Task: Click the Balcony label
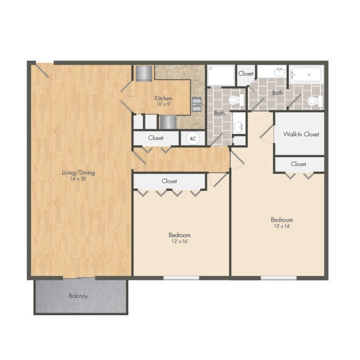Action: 78,296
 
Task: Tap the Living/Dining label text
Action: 78,172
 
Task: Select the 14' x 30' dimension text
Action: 78,179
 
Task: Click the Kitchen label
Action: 162,98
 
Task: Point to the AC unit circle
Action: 193,139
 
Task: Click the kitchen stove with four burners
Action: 168,121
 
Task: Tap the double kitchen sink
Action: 197,104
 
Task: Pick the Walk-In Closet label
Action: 301,134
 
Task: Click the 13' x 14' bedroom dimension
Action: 282,226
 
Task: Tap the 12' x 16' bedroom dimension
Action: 179,242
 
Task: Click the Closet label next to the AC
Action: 156,137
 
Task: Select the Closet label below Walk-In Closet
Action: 299,164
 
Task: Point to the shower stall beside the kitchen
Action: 221,75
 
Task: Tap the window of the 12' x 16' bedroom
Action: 181,277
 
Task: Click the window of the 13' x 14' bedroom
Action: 279,277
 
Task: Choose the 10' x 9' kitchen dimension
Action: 162,104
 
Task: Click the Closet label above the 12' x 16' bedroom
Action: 169,181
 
